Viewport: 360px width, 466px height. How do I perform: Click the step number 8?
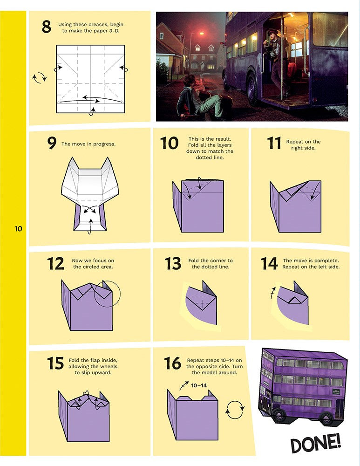click(x=46, y=27)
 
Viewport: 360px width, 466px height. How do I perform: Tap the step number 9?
click(x=52, y=144)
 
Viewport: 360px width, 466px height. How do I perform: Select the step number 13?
click(x=173, y=264)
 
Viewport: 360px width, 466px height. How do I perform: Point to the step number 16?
click(x=172, y=363)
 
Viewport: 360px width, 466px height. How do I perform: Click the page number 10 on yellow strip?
click(x=18, y=229)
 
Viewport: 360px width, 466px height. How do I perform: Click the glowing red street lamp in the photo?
click(x=201, y=34)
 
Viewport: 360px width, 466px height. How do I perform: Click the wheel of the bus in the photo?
click(x=253, y=89)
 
